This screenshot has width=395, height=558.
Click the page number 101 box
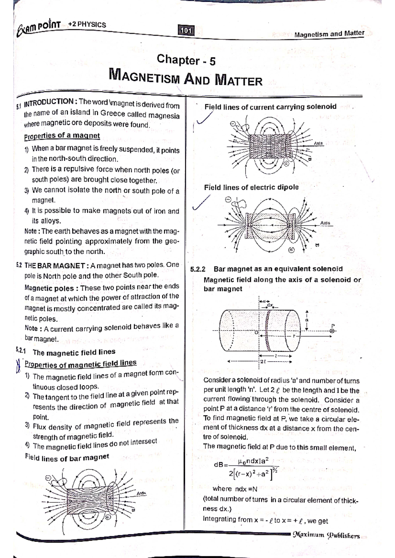[x=186, y=31]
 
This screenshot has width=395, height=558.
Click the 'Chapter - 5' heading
[x=186, y=60]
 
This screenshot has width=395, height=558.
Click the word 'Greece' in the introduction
[x=113, y=113]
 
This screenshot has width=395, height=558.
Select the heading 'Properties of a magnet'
[x=62, y=136]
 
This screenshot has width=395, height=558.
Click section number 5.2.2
[x=198, y=269]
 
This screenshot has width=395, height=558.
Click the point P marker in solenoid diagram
[x=332, y=331]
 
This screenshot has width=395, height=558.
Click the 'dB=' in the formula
[x=221, y=465]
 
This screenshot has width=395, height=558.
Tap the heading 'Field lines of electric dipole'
[x=251, y=187]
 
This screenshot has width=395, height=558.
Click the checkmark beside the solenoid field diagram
[x=204, y=118]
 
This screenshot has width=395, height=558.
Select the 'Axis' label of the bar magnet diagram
[x=142, y=493]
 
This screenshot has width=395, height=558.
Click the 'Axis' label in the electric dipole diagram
[x=325, y=223]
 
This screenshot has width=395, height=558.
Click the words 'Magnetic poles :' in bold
[x=49, y=288]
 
